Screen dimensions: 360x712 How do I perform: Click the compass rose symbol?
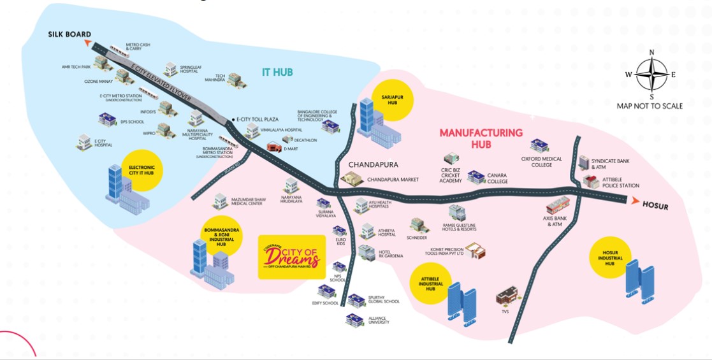tap(651, 74)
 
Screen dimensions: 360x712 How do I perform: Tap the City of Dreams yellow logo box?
tap(291, 257)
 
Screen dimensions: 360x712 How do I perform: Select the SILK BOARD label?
tap(69, 34)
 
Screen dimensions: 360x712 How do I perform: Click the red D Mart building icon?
tap(273, 147)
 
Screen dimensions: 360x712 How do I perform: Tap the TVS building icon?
tap(507, 296)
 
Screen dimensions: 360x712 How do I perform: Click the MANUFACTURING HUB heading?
tap(481, 138)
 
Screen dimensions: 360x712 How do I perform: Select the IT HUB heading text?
tap(277, 72)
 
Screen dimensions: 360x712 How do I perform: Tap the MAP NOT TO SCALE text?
tap(650, 106)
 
